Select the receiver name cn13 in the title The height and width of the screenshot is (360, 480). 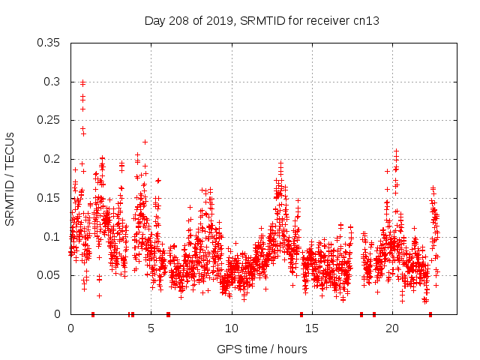click(x=365, y=21)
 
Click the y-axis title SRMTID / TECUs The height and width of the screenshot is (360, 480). click(x=10, y=178)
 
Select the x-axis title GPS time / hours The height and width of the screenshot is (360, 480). click(x=262, y=349)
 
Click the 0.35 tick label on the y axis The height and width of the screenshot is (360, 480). click(x=49, y=42)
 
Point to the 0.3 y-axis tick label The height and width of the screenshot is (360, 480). click(x=52, y=81)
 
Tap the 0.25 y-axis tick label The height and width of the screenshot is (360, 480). click(x=49, y=120)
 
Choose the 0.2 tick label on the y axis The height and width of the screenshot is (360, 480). click(x=52, y=159)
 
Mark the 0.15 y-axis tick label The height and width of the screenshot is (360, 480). click(x=49, y=198)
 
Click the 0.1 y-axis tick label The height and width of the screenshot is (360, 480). click(x=52, y=237)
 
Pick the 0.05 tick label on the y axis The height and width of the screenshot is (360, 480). click(x=49, y=275)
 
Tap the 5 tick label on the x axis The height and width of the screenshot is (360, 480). click(x=151, y=328)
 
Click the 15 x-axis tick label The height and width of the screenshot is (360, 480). click(x=312, y=328)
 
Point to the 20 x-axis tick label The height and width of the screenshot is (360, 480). click(x=392, y=328)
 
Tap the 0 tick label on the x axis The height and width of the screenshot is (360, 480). click(x=70, y=328)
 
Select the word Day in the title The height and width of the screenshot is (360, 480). click(x=154, y=21)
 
